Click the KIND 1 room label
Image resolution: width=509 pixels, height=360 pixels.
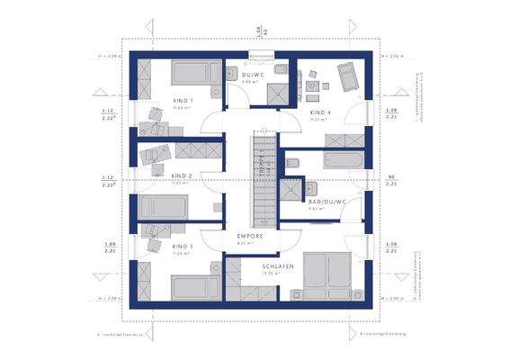(183, 102)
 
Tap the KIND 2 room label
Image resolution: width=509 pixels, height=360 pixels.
(183, 176)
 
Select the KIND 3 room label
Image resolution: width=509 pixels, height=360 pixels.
(183, 246)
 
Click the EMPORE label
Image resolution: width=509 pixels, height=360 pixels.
(249, 237)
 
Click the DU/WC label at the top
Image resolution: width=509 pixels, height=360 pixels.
(251, 75)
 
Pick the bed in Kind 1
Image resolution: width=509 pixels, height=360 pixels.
(190, 72)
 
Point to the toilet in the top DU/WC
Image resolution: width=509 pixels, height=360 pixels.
(280, 71)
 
